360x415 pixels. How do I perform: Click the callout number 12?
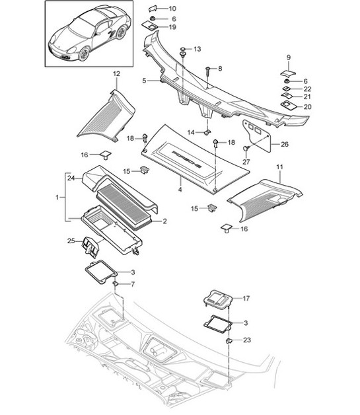pos(116,73)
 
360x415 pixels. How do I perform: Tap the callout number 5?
pos(143,81)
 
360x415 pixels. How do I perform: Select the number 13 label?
pos(197,50)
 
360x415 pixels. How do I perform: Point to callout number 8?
pos(220,68)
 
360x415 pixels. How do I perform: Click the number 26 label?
pos(285,144)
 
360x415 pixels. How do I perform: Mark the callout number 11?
pos(279,169)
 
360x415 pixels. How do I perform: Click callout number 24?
pos(70,176)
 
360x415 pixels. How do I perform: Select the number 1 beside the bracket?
pos(57,197)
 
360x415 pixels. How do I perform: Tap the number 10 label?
pos(172,9)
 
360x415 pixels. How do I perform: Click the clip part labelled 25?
pos(90,247)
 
